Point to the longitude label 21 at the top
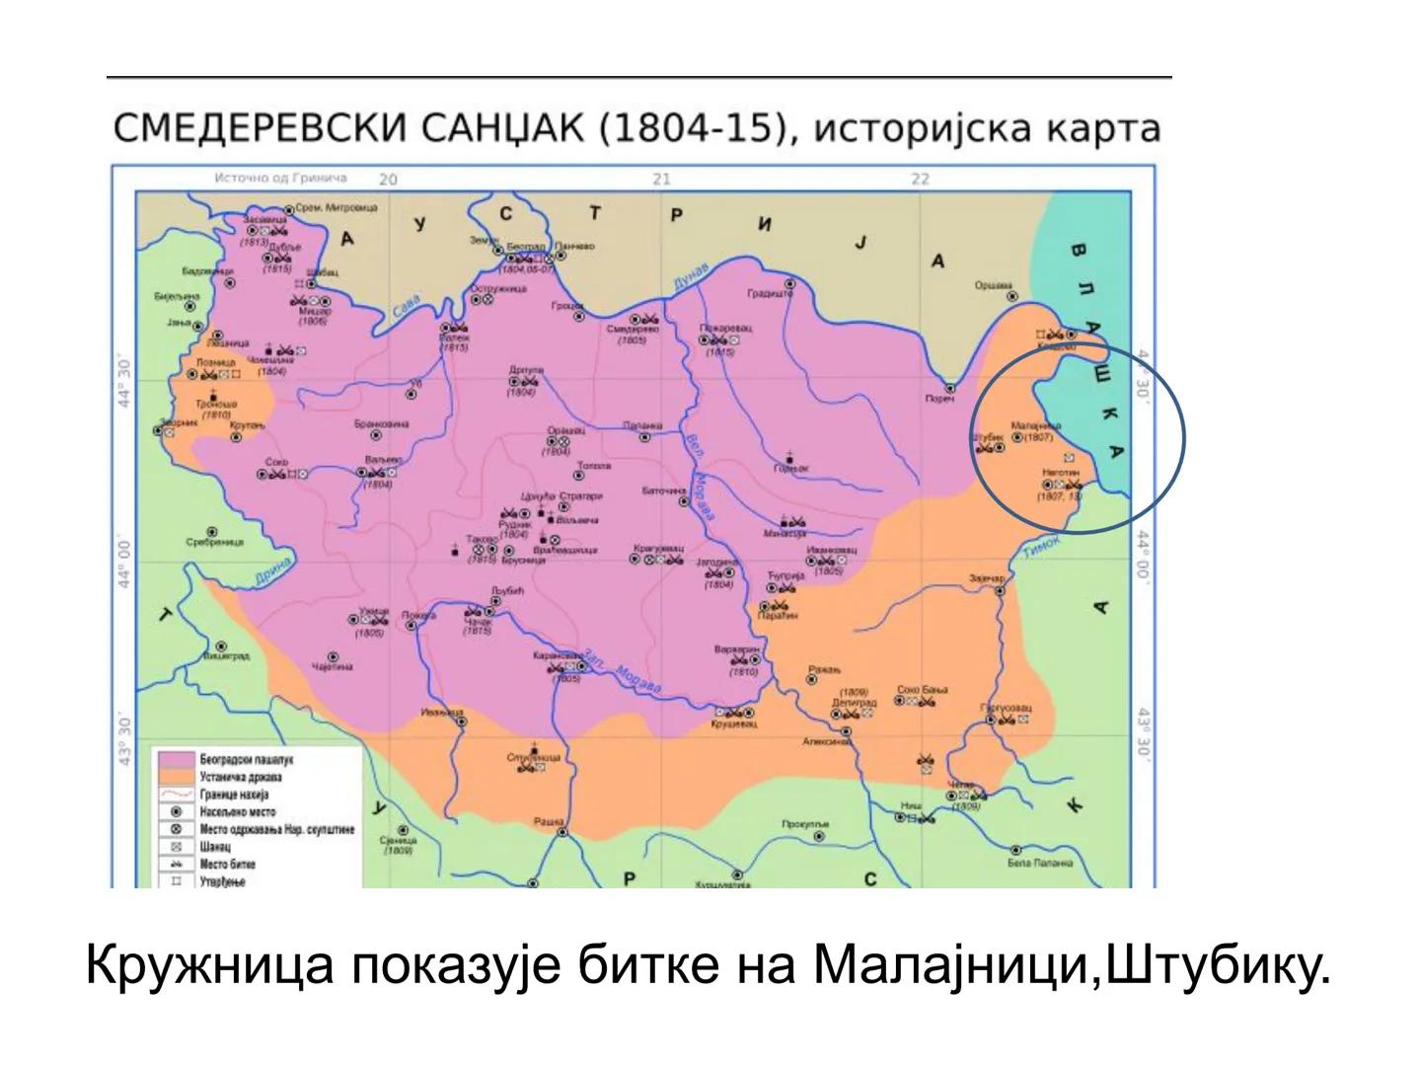[661, 179]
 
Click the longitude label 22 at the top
[920, 179]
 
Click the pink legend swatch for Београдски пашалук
[173, 760]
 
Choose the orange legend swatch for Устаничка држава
[173, 778]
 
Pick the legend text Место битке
[228, 865]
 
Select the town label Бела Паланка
[1039, 863]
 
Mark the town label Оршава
[994, 286]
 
